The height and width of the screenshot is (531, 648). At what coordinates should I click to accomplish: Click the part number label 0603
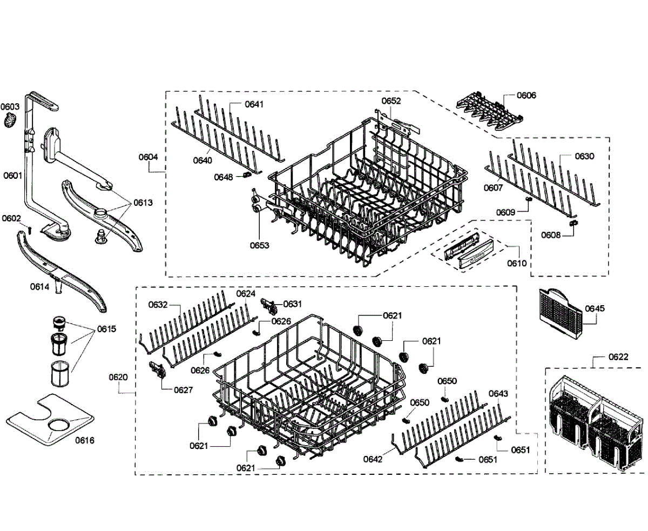(10, 107)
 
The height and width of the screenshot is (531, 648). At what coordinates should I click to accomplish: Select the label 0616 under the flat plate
(85, 440)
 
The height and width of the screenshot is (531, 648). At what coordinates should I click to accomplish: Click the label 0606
(526, 96)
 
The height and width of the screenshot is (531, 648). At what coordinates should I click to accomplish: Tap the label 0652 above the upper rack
(391, 101)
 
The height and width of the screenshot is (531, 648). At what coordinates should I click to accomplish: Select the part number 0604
(148, 157)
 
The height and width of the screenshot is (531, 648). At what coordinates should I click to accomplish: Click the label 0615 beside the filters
(107, 328)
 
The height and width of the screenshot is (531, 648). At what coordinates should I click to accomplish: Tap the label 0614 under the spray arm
(39, 287)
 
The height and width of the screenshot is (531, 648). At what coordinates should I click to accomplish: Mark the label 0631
(293, 304)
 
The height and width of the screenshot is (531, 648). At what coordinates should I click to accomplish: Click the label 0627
(183, 389)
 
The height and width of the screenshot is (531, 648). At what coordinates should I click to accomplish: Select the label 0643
(498, 394)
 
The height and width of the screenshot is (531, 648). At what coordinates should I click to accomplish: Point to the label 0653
(259, 245)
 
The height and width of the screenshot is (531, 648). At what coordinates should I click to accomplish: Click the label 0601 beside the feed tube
(12, 175)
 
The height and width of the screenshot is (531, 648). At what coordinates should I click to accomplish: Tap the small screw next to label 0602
(30, 229)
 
